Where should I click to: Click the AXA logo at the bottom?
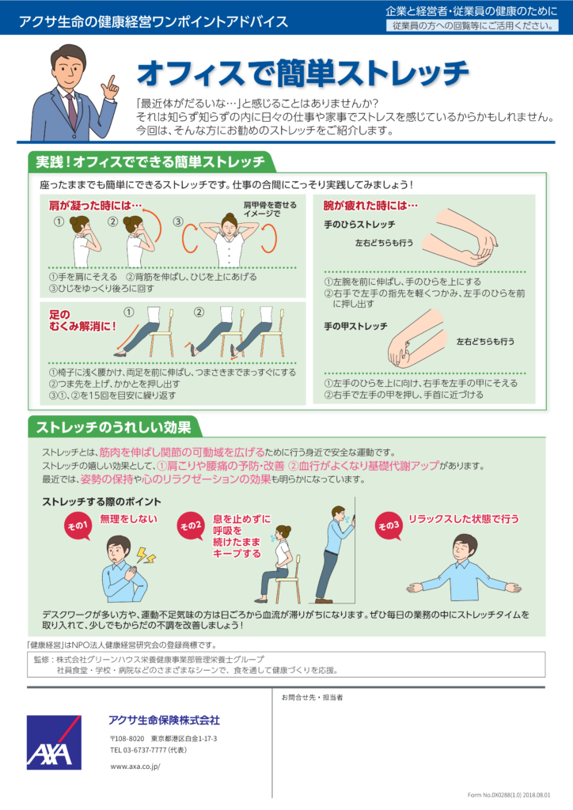[54, 742]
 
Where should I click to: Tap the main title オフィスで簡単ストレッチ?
[303, 72]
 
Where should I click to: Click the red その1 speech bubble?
[77, 525]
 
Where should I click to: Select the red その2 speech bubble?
[191, 525]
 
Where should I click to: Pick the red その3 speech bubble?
[389, 525]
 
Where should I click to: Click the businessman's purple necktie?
[71, 110]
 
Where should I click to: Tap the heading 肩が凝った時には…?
[96, 206]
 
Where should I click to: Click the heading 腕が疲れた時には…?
[370, 206]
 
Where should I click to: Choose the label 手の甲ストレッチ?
[355, 327]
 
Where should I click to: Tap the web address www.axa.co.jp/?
[135, 766]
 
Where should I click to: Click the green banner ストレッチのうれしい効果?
[114, 427]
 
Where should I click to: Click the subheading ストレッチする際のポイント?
[102, 502]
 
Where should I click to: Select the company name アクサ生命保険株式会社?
[165, 720]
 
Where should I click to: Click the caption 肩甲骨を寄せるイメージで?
[270, 209]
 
